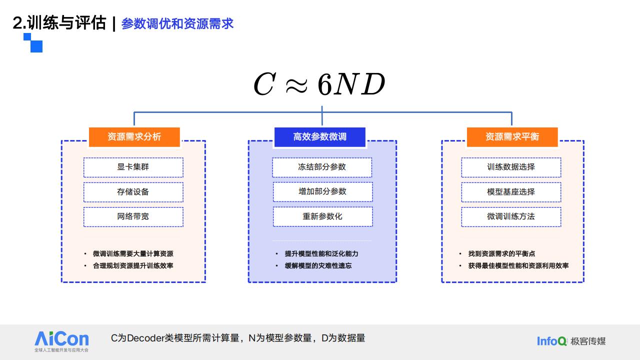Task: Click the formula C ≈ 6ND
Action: tap(319, 84)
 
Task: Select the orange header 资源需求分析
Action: tap(134, 137)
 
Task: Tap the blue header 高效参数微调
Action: tap(319, 137)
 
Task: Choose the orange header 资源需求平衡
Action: tap(512, 137)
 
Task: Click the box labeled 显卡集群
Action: tap(133, 167)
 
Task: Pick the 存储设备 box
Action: tap(133, 192)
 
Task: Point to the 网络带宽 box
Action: tap(133, 217)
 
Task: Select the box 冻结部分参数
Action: tap(322, 167)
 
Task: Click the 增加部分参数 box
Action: tap(323, 191)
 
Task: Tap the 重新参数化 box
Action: tap(323, 216)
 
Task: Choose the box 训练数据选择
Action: tap(511, 167)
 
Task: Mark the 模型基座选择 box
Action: tap(511, 192)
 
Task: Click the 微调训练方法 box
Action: tap(511, 217)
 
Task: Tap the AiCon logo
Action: tap(61, 341)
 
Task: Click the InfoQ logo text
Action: tap(551, 341)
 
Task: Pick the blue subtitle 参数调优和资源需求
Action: tap(177, 23)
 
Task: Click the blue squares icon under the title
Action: tap(33, 43)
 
